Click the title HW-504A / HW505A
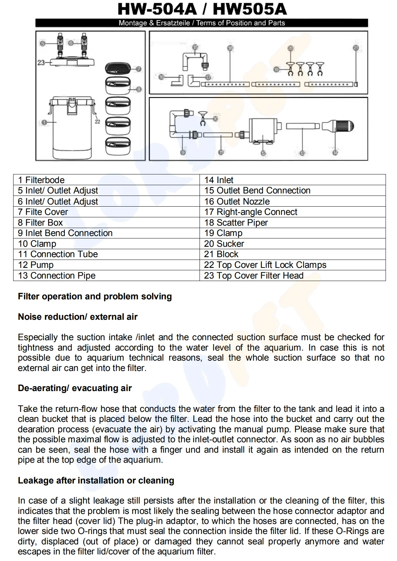pyautogui.click(x=202, y=9)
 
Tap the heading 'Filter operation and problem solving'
pyautogui.click(x=95, y=297)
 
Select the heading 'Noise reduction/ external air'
pyautogui.click(x=78, y=317)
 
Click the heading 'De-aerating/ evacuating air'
pyautogui.click(x=75, y=388)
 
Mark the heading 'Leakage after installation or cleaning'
pyautogui.click(x=96, y=481)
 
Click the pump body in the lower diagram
pyautogui.click(x=263, y=131)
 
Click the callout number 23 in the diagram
pyautogui.click(x=41, y=63)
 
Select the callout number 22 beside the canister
pyautogui.click(x=97, y=121)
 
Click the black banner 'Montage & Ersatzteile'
pyautogui.click(x=202, y=23)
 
